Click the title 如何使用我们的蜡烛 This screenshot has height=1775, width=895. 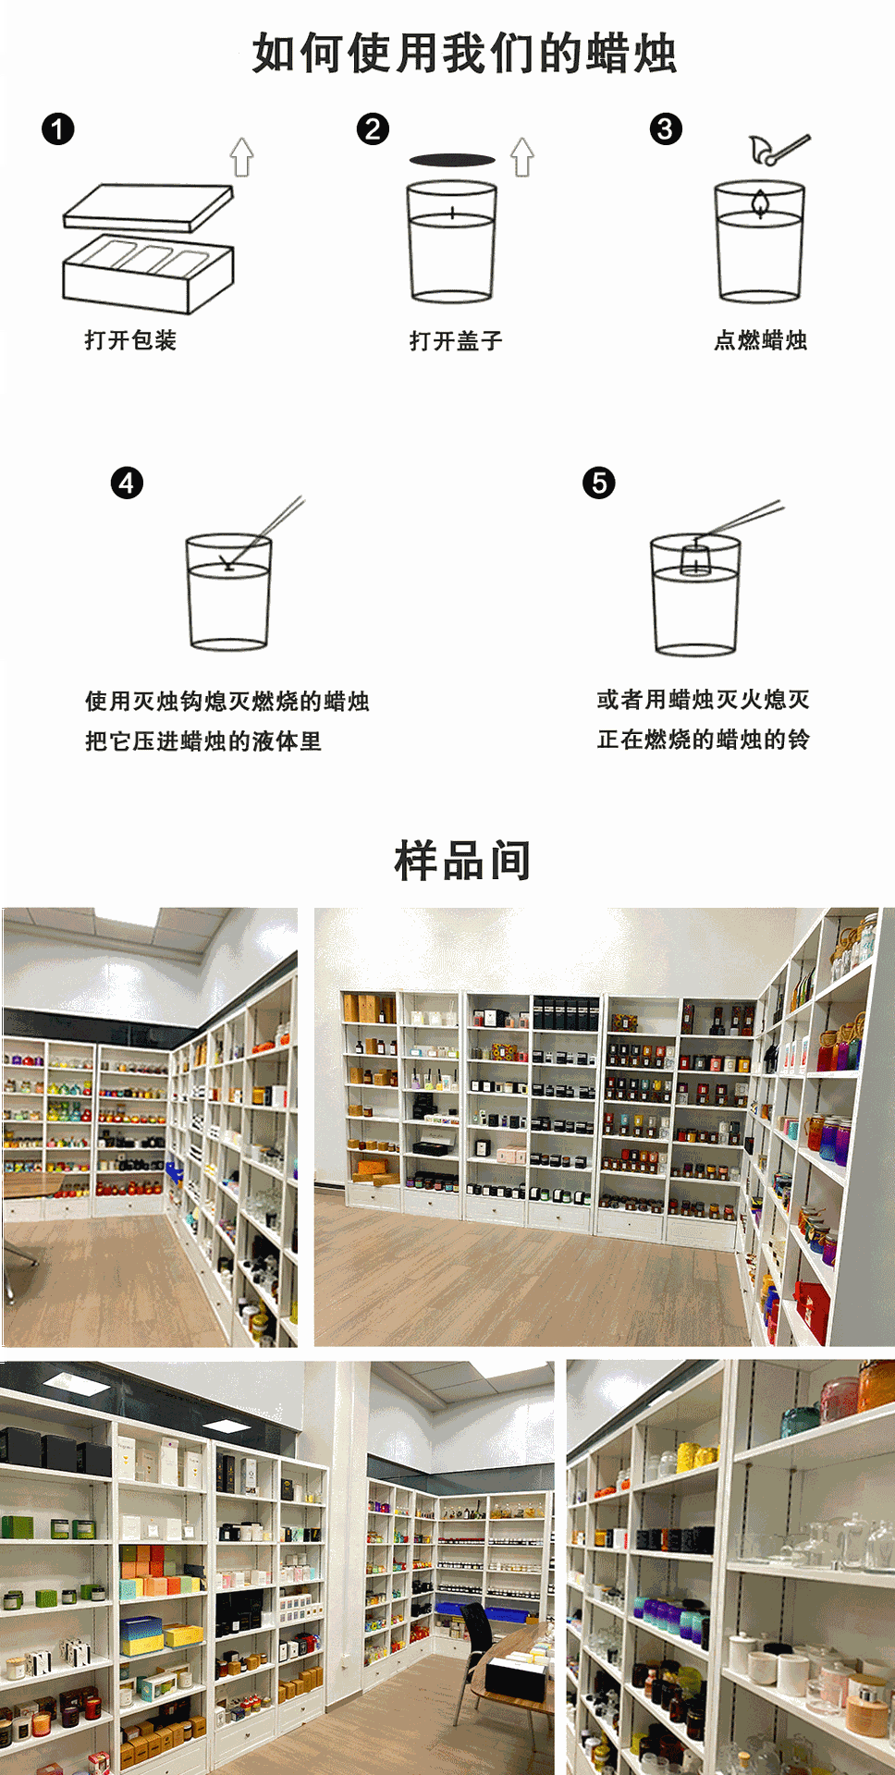[x=464, y=53]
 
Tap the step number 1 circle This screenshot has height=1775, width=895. [x=57, y=129]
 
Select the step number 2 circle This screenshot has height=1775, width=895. [x=373, y=129]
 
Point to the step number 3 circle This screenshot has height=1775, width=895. [x=666, y=129]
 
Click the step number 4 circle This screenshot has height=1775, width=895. [x=127, y=483]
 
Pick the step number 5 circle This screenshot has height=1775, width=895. [x=599, y=483]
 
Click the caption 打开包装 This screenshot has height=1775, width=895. [x=130, y=340]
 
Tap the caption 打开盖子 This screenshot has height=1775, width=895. [x=456, y=341]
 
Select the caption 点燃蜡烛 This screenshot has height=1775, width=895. [x=760, y=340]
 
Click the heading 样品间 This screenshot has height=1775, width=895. [x=462, y=861]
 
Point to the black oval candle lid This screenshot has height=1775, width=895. [x=452, y=160]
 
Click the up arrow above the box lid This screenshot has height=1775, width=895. [x=242, y=157]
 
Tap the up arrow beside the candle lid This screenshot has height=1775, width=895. [x=522, y=157]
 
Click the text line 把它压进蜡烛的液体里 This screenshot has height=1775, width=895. [x=203, y=741]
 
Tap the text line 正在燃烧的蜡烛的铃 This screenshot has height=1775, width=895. [x=703, y=740]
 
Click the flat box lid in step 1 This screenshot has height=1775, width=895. [x=148, y=208]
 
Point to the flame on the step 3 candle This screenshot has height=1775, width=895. [x=760, y=203]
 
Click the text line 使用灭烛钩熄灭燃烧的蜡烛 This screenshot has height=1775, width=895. [x=227, y=702]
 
